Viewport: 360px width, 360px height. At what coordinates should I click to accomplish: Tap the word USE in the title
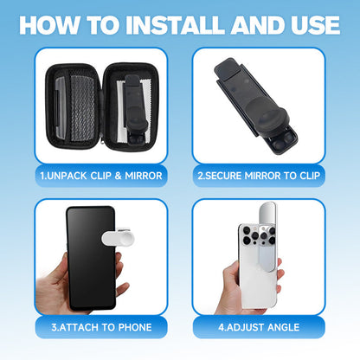tap(315, 25)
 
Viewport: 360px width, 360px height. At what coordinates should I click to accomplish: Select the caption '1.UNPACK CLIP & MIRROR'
tap(101, 176)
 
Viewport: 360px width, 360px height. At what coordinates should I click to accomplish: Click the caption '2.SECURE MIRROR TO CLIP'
tap(259, 176)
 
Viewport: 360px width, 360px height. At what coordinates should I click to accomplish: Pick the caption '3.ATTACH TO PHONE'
tap(101, 327)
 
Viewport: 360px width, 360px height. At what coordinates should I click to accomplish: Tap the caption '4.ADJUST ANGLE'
tap(259, 327)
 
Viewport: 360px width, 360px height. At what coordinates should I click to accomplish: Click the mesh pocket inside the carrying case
tap(82, 108)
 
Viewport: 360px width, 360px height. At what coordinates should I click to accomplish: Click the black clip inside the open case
tap(136, 110)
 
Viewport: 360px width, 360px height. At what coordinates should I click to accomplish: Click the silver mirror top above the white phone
tap(268, 214)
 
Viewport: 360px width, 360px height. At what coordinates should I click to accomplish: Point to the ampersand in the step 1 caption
tap(118, 176)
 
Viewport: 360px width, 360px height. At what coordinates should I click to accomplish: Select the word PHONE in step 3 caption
tap(135, 327)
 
